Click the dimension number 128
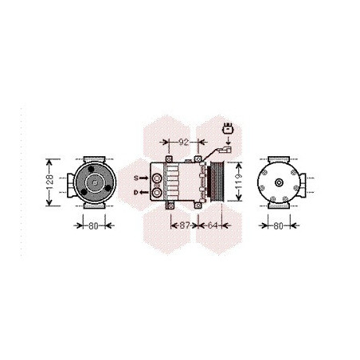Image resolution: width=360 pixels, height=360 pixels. coord(50,182)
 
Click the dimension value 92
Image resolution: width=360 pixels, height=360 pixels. coord(183,143)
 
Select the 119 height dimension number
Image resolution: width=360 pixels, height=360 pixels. coord(239,182)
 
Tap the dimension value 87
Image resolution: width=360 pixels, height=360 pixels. coord(185,225)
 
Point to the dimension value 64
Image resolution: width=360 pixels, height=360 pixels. coord(213,225)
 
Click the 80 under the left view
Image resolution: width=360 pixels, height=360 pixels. coord(93,226)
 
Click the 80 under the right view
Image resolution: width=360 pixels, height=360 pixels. coord(278,226)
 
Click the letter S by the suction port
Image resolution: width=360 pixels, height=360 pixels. coord(136,178)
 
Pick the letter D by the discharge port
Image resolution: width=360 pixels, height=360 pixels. coord(136,193)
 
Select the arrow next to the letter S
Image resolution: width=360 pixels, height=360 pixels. coord(143,178)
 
